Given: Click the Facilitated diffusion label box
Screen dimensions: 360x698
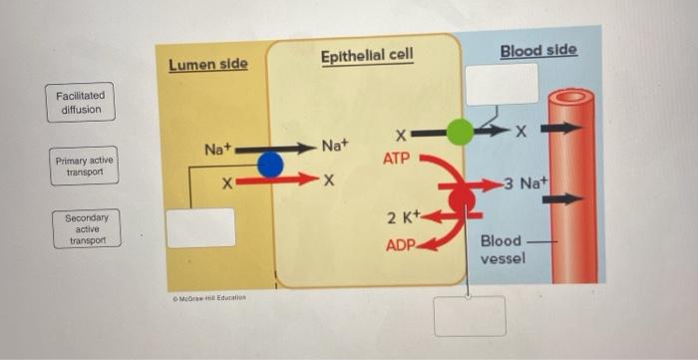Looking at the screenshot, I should point(80,103).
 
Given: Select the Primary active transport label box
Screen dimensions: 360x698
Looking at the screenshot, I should point(85,167).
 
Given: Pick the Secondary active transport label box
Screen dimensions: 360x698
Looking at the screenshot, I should point(86,229).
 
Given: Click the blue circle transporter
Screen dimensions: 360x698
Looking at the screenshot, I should point(269,165).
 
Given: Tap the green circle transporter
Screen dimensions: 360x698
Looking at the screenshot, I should point(460,132).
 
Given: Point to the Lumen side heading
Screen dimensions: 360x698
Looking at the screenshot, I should point(207,65).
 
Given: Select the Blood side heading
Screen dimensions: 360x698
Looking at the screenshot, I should point(537,50).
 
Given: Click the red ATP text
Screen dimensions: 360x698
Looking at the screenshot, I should point(397,159).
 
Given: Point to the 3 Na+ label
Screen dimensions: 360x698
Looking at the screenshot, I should point(527,184).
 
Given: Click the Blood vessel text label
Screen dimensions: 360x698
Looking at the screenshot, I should point(501,250).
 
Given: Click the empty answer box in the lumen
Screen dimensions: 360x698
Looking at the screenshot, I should point(200,227).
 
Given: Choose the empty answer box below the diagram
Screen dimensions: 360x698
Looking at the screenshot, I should point(469,316).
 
